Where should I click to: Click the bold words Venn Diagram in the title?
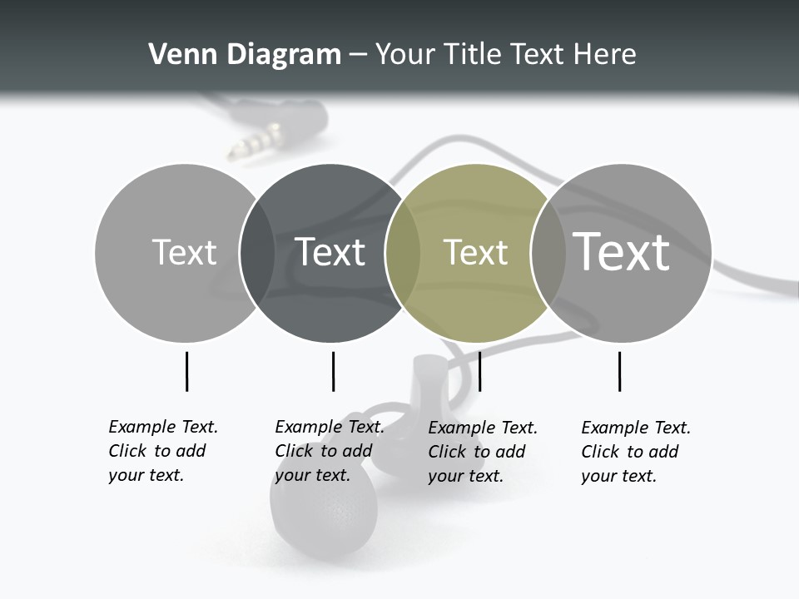pos(245,55)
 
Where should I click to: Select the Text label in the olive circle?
pos(475,253)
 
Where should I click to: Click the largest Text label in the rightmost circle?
pos(621,251)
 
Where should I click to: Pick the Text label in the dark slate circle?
pos(330,252)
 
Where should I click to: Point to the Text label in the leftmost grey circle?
pos(184,252)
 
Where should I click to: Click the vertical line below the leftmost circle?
pos(186,371)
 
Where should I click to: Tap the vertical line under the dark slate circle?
pos(333,371)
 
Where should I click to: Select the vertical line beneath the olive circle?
pos(479,371)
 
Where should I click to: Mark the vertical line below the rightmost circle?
pos(619,371)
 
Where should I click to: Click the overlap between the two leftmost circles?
pos(257,253)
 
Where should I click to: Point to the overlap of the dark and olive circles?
pos(403,253)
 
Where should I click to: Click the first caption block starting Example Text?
pos(162,451)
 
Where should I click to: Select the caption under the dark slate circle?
pos(329,451)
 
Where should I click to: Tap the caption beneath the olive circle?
pos(482,452)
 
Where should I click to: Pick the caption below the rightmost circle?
pos(635,452)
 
